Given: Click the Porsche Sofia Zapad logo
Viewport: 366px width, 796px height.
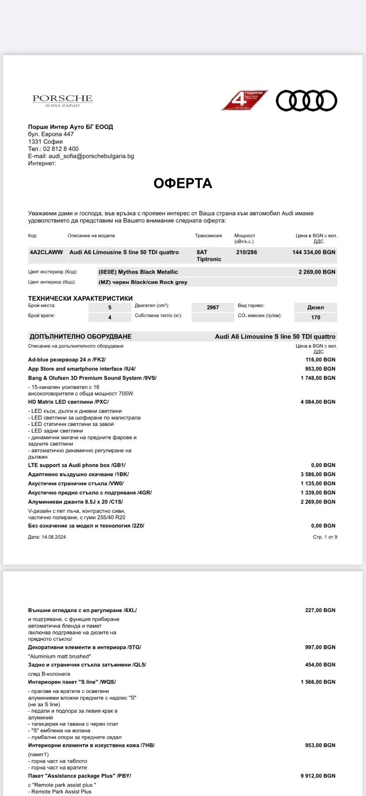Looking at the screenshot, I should [62, 100].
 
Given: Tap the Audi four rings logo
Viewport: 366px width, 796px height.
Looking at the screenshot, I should [306, 100].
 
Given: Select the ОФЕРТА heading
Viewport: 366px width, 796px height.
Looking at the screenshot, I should [183, 183].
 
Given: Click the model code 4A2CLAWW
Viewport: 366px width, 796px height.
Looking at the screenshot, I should [46, 252].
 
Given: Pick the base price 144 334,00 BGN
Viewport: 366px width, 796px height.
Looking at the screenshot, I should [314, 252].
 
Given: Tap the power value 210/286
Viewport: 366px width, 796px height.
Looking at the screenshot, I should [247, 252].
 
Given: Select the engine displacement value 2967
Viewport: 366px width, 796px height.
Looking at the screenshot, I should [213, 307].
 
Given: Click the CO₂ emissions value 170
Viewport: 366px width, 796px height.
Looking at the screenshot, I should [316, 317].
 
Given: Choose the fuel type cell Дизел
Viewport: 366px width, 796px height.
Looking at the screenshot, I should [316, 307].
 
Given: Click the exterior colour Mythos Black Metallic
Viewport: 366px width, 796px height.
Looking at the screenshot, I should [138, 272].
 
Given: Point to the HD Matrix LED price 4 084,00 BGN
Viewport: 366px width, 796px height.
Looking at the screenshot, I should [318, 402].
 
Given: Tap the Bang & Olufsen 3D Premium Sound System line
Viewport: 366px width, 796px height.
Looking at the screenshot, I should [92, 378].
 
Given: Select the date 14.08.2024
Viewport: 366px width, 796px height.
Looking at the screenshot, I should [53, 537].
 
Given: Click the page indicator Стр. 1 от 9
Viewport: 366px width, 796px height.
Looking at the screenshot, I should [325, 537].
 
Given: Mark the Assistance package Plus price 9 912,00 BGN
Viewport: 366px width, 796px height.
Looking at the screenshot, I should [318, 776].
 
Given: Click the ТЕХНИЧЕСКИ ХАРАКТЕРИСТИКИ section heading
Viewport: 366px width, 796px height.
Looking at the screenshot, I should [80, 298].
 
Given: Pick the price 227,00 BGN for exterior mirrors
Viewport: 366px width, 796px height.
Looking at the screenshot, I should [320, 610].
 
